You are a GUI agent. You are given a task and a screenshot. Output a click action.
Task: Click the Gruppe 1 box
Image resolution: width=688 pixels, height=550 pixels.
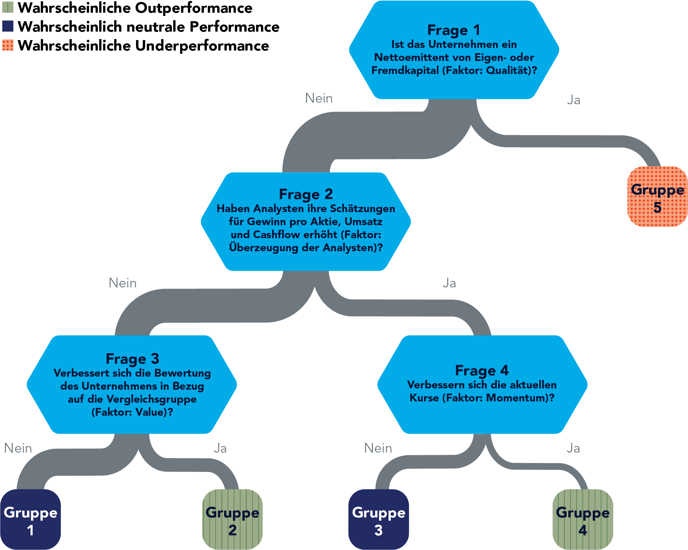30,519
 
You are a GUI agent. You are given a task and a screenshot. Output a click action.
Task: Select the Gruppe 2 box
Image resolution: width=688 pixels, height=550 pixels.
232,519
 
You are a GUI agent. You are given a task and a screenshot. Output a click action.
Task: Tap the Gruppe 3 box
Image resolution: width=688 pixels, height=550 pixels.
378,519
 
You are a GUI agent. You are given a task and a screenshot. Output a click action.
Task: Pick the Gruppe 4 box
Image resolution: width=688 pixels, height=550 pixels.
583,519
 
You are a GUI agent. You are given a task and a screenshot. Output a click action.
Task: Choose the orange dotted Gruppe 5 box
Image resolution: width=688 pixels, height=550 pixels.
657,196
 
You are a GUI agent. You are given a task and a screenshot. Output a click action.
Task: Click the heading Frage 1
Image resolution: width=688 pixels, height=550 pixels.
454,30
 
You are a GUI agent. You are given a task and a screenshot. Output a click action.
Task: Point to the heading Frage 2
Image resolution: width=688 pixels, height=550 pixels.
306,194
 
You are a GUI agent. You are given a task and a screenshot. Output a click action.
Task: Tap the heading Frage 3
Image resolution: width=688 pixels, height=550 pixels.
132,359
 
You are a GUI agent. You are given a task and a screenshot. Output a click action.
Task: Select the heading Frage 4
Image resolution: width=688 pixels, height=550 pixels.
482,370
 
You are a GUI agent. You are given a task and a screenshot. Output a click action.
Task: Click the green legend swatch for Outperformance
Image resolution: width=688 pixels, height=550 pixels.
8,7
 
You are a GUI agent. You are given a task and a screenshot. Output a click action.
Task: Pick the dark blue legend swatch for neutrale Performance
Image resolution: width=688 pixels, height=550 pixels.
8,26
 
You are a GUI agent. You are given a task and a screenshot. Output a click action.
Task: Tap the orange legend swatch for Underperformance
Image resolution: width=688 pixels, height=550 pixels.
8,45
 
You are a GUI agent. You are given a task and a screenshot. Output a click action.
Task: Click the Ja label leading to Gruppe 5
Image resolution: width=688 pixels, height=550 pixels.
573,100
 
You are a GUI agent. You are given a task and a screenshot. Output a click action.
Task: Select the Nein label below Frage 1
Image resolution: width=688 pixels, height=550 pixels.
319,98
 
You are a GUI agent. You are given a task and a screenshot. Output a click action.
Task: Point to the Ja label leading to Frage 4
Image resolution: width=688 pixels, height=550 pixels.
449,283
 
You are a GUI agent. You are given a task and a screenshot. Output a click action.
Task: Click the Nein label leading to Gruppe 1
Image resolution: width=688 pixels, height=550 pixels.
18,448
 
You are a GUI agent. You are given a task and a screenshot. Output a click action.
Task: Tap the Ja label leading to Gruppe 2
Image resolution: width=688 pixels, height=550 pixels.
220,448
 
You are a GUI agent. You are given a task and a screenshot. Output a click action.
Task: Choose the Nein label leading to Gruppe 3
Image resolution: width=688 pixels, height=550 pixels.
378,448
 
